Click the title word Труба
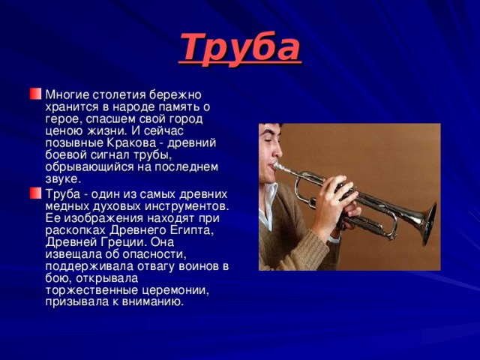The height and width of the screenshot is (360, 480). click(240, 46)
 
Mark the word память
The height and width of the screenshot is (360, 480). click(157, 106)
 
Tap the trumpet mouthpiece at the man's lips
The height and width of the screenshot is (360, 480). click(279, 167)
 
